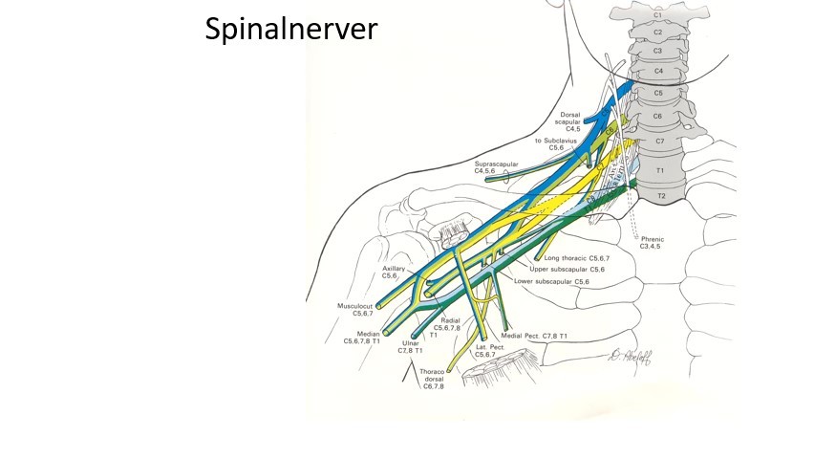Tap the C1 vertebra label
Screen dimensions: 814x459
tap(656, 15)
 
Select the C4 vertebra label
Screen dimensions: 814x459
tap(658, 71)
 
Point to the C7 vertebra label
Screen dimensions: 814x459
tap(659, 141)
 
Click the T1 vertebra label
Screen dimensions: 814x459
tap(659, 170)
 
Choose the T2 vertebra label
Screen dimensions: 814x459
tap(659, 196)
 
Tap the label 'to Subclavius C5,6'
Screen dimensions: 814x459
tap(557, 143)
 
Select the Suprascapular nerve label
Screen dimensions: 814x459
tap(496, 168)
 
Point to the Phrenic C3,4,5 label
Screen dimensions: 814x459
tap(658, 243)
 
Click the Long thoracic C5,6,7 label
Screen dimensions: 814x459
tap(576, 258)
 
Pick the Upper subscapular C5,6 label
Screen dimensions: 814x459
tap(576, 270)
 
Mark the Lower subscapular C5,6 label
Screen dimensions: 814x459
tap(551, 282)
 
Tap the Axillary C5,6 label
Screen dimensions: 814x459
tap(394, 273)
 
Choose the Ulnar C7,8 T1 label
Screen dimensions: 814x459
tap(410, 346)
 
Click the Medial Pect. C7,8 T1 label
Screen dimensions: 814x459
tap(533, 337)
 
